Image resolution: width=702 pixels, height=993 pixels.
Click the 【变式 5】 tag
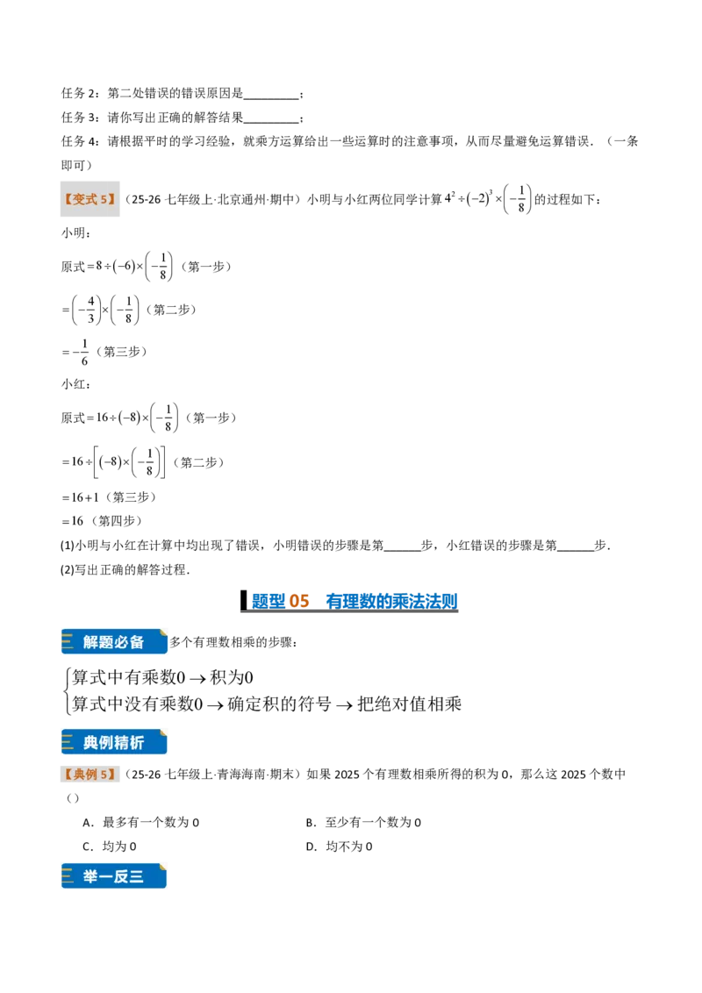[x=90, y=199]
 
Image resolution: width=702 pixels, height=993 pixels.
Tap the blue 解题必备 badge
[x=114, y=641]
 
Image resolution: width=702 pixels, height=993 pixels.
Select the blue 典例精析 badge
[x=114, y=742]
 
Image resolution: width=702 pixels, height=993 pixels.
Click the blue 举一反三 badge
[x=114, y=876]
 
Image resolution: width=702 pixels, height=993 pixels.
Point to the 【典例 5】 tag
[x=90, y=774]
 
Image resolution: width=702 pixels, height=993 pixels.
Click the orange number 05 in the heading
[x=298, y=600]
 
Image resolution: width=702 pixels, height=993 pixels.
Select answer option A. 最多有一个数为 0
[x=140, y=822]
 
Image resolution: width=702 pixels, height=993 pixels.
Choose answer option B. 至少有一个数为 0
[x=363, y=822]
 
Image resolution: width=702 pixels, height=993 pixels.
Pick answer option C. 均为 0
[x=110, y=847]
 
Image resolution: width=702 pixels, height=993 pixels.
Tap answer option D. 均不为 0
[x=339, y=847]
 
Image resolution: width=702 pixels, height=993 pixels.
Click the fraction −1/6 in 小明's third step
[x=80, y=352]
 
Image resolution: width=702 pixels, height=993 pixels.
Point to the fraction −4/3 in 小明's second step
[x=86, y=310]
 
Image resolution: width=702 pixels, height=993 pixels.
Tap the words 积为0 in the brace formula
[x=232, y=677]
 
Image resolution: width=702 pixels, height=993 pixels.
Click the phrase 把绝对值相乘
[x=409, y=704]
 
